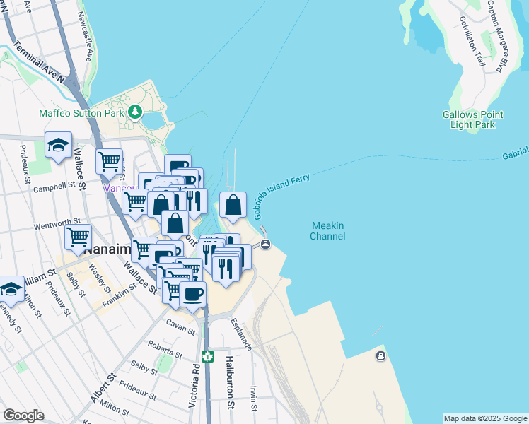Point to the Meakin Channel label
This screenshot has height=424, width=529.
328,230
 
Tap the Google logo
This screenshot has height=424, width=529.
23,416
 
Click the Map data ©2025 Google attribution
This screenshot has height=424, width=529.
485,418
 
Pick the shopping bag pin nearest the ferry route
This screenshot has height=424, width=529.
233,206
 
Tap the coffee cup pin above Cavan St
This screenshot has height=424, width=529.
192,293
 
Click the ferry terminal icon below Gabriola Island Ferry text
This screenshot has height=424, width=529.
265,245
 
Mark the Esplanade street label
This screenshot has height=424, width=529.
242,333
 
